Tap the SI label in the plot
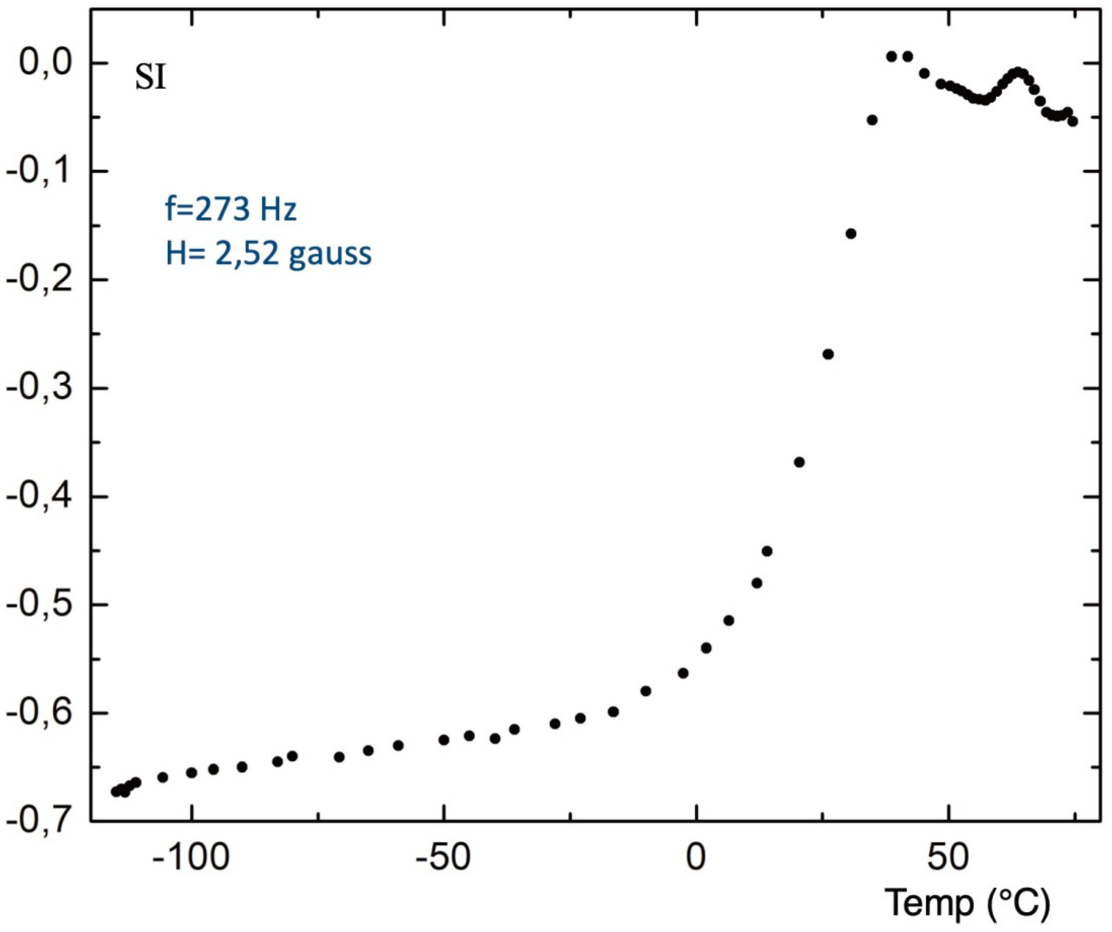[x=150, y=79]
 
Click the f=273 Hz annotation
[x=231, y=210]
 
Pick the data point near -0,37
[x=800, y=462]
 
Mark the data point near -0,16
[x=851, y=234]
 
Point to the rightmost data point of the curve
[x=1072, y=121]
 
